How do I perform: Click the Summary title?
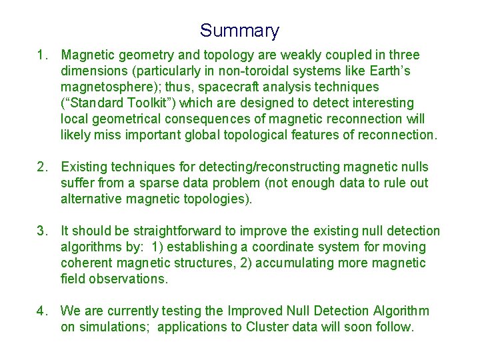(239, 31)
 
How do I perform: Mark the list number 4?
(43, 311)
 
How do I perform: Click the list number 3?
(43, 231)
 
